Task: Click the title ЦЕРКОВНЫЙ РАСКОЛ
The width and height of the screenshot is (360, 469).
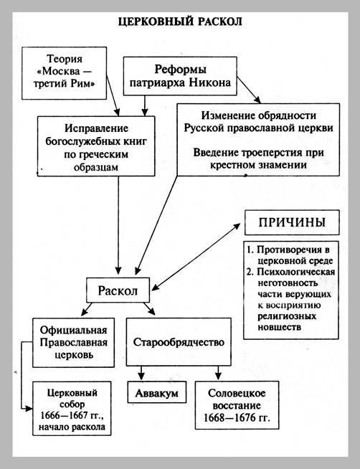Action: point(180,22)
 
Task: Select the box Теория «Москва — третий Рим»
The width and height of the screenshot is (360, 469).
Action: point(65,73)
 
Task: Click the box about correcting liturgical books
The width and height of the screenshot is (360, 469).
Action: point(96,146)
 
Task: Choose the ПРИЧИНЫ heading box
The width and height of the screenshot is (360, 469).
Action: point(292,222)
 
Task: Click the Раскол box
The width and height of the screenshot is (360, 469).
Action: point(118,290)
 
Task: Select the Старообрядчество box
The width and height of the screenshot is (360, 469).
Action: point(179,342)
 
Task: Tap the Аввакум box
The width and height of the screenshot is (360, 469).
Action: point(156,392)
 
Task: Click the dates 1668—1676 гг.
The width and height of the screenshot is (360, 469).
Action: point(237,417)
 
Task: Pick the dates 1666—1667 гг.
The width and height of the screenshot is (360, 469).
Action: point(72,415)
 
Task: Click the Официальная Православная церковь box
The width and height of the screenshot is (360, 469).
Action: point(73,343)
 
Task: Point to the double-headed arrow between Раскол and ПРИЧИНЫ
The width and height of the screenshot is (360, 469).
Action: point(196,257)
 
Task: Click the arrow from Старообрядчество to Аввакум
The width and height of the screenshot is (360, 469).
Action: point(141,373)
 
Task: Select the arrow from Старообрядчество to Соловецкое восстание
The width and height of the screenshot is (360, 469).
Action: point(218,373)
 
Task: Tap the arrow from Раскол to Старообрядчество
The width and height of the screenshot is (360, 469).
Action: point(149,308)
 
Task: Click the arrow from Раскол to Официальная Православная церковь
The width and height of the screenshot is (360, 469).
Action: point(87,309)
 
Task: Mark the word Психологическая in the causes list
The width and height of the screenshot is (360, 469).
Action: point(295,272)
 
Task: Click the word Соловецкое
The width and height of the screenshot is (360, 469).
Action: point(237,393)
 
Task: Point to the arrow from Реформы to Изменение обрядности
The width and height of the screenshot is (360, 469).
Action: point(249,90)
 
